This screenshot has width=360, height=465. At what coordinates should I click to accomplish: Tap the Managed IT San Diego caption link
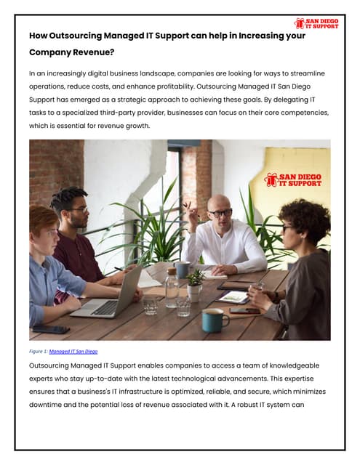[x=73, y=351]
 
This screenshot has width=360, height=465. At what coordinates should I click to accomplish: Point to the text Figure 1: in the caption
[x=38, y=351]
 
